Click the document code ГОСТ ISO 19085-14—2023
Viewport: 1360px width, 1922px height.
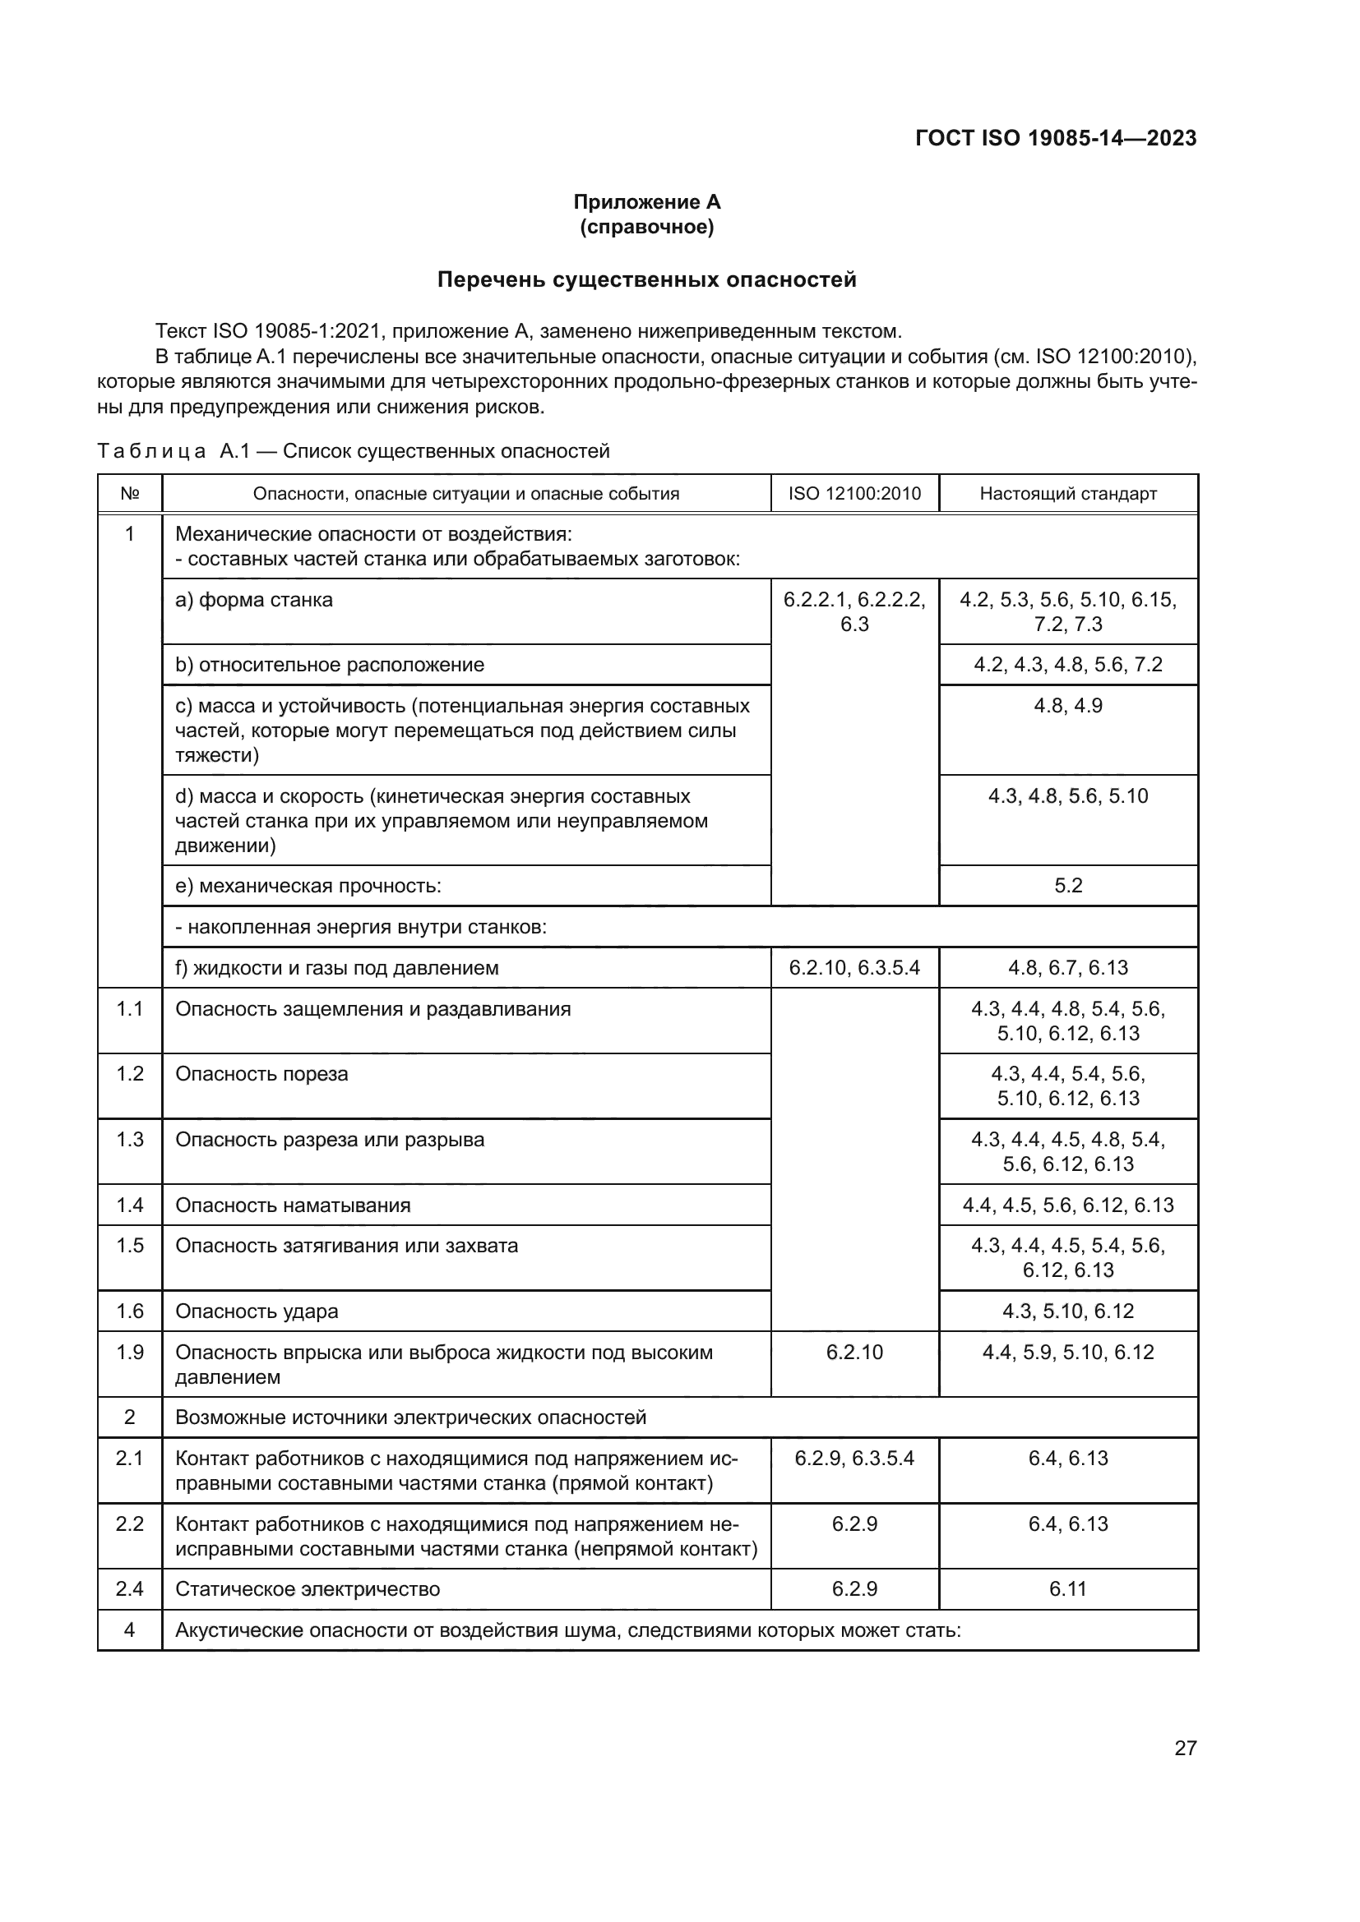[x=1055, y=138]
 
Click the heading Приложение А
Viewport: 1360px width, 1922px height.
[x=646, y=202]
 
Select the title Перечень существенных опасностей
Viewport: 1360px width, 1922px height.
[x=646, y=279]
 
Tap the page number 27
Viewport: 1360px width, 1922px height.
[x=1185, y=1748]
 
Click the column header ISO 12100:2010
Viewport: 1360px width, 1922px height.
[x=854, y=493]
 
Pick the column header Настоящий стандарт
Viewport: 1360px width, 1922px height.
[x=1068, y=493]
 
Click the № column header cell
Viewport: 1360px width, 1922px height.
[x=130, y=493]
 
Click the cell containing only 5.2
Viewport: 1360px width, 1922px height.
[x=1068, y=886]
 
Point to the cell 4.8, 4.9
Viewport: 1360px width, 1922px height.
[x=1068, y=706]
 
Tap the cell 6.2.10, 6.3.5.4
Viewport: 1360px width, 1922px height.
[x=854, y=968]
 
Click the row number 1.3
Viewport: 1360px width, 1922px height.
[x=130, y=1139]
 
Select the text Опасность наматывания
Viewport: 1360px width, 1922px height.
[x=293, y=1205]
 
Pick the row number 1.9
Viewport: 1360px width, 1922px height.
[x=130, y=1352]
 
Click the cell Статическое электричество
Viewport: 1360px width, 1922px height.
[x=308, y=1589]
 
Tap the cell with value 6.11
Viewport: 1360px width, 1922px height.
[x=1068, y=1589]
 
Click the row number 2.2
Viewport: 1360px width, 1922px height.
[x=130, y=1523]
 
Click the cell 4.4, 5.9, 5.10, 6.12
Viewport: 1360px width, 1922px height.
[x=1068, y=1352]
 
